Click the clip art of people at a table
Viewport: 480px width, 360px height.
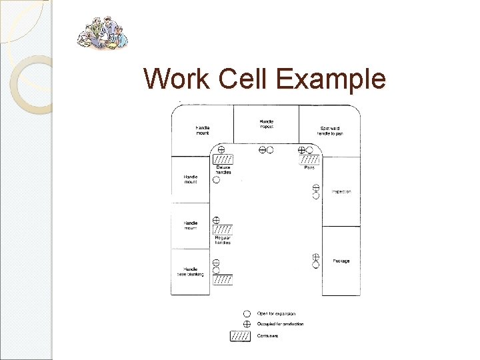coord(101,33)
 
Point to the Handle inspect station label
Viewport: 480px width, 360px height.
coord(266,123)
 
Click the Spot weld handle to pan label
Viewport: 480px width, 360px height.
coord(331,131)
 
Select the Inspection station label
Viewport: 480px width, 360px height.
coord(341,192)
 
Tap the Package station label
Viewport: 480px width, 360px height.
coord(341,261)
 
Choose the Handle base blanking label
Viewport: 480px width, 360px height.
coord(191,272)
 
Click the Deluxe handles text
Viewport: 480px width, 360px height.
coord(223,169)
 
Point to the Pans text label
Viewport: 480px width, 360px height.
coord(309,167)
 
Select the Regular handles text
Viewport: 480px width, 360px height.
coord(223,241)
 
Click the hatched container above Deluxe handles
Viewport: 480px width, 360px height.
coord(223,160)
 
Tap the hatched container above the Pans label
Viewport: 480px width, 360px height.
coord(310,160)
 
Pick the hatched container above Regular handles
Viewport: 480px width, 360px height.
coord(223,229)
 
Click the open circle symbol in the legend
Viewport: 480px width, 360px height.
coord(247,313)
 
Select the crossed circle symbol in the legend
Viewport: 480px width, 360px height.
coord(247,324)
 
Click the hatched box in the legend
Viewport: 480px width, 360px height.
coord(240,335)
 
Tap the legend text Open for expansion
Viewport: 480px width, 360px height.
coord(277,313)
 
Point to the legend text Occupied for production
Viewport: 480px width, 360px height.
coord(281,324)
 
